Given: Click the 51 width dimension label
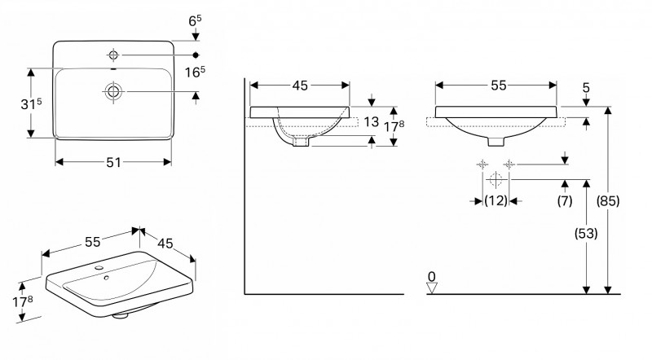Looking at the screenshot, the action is tap(113, 162).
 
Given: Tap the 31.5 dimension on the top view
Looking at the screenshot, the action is tap(31, 104).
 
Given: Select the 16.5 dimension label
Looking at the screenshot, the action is tap(195, 72).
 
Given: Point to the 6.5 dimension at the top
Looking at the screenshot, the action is tap(195, 20).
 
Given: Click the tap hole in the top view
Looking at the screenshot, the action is tap(113, 55).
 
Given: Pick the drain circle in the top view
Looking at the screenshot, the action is tap(113, 91).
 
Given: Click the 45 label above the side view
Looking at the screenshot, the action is tap(300, 86).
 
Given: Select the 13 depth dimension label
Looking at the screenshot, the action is tap(372, 122).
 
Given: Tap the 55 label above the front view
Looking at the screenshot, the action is tap(499, 86).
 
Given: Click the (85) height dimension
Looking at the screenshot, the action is tap(608, 201).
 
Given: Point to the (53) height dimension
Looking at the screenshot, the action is tap(586, 233).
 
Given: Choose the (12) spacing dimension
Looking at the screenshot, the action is tap(496, 201).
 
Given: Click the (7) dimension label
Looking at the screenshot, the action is tap(565, 201).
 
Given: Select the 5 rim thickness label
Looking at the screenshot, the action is tap(586, 88).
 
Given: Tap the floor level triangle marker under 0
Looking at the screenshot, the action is tap(432, 288).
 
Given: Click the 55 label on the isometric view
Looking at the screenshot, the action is tap(93, 242).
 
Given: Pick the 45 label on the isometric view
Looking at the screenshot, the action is tap(165, 244).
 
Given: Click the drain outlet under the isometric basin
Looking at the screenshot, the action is tap(120, 315).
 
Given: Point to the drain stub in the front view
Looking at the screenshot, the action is tap(496, 142).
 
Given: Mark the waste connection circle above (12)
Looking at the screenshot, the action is tap(496, 179).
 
